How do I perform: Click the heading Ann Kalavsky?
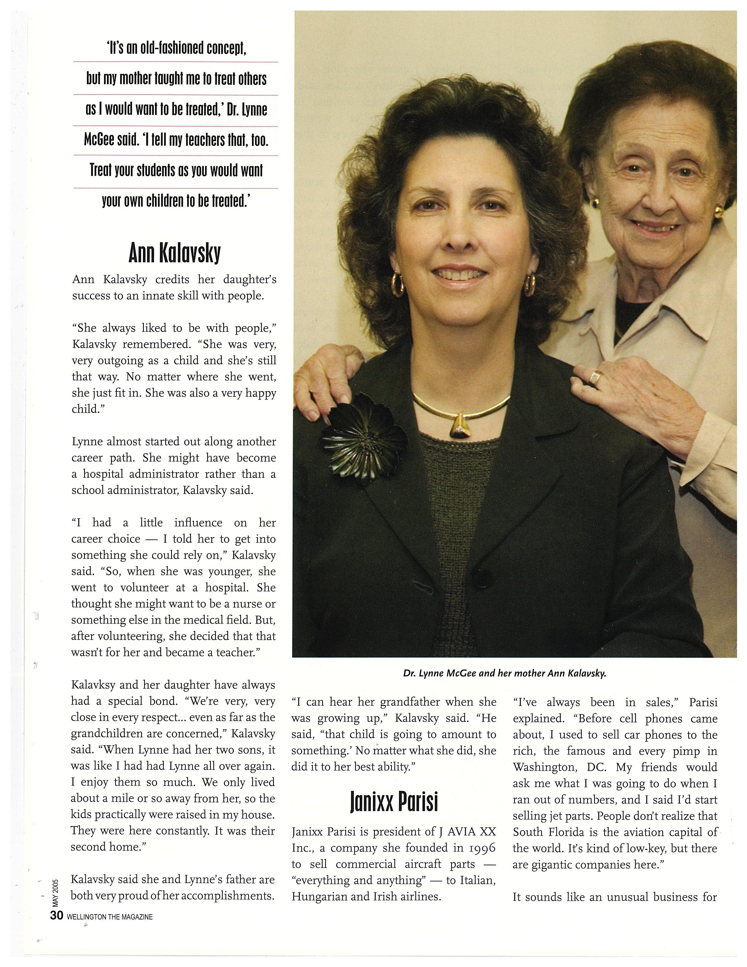[174, 254]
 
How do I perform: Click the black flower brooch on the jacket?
[363, 443]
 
